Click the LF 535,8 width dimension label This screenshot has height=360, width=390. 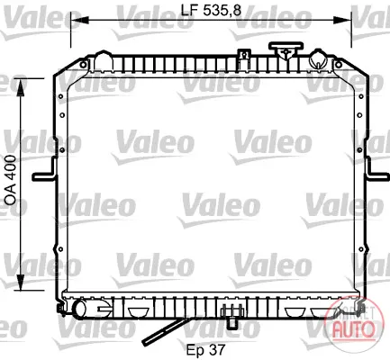pos(211,10)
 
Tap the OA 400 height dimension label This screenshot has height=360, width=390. pos(11,180)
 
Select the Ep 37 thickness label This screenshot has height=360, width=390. pos(205,349)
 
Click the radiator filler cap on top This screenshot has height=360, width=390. pos(286,50)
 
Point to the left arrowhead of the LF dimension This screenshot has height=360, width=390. pos(78,20)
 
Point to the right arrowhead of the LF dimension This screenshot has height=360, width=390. pos(343,20)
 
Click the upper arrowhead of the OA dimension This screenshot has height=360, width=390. pos(21,87)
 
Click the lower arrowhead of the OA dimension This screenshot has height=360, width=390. pos(21,282)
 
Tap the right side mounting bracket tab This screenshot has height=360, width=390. pos(376,172)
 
